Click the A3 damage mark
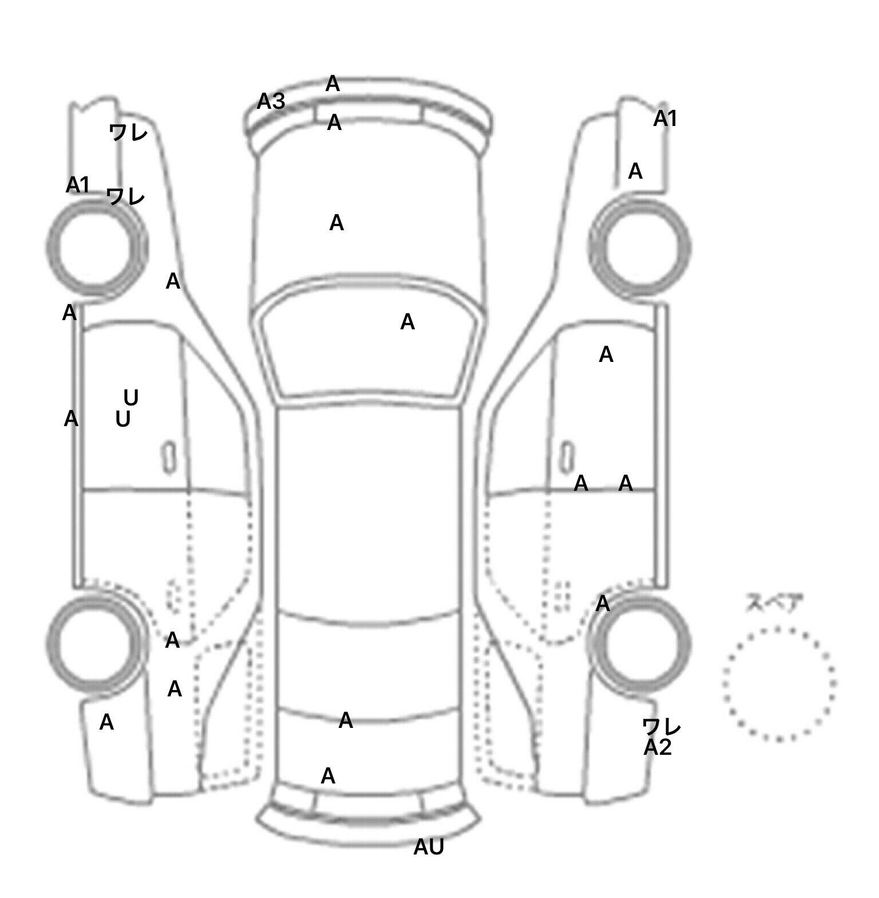point(271,101)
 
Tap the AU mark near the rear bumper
point(429,847)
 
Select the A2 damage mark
point(657,747)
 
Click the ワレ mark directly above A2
point(661,727)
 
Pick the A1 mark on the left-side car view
point(78,185)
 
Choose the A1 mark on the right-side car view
point(665,119)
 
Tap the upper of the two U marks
point(131,397)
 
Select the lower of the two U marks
point(123,419)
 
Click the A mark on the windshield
point(407,322)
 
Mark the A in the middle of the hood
point(336,223)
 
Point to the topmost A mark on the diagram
point(332,84)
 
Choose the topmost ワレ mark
point(128,132)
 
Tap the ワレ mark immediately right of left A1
point(125,196)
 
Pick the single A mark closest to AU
point(328,776)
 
